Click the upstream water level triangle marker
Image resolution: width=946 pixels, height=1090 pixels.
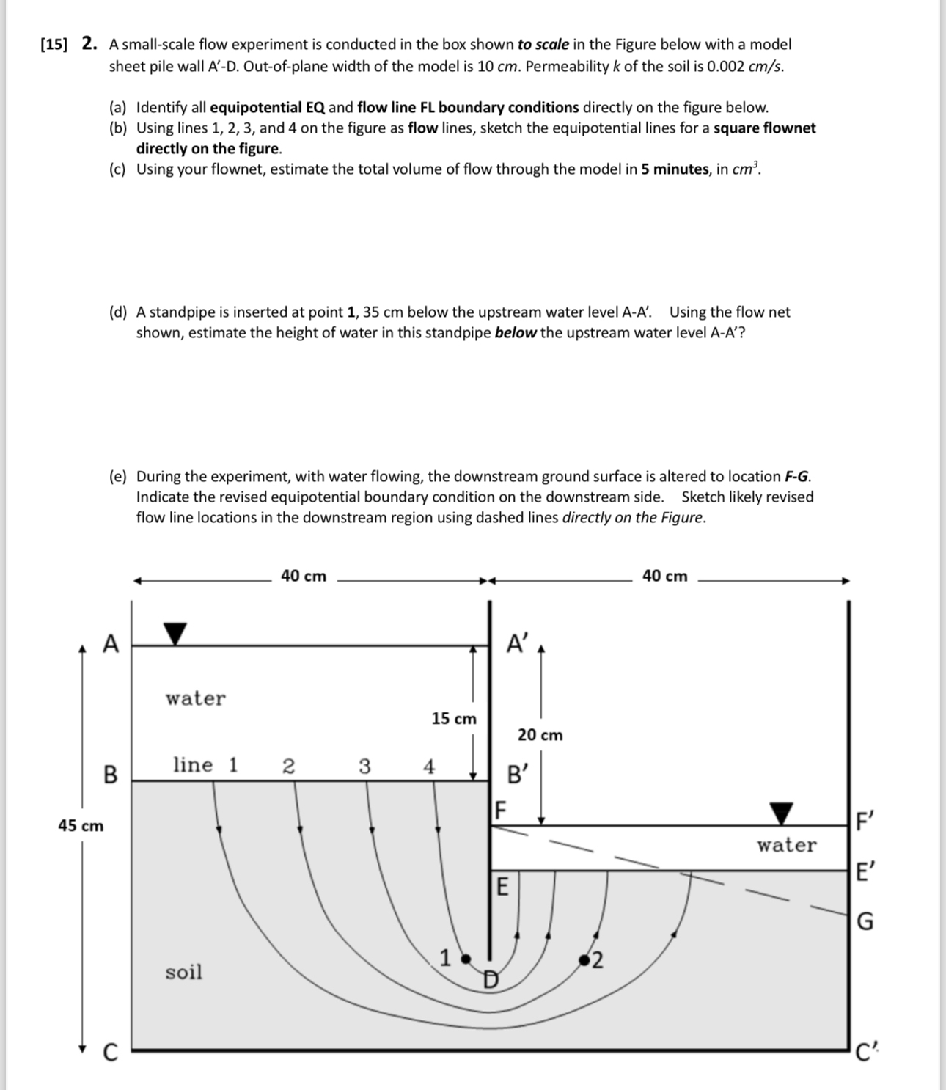[175, 634]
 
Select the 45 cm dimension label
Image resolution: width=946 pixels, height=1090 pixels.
[81, 826]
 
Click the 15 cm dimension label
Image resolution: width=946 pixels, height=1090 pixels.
[454, 719]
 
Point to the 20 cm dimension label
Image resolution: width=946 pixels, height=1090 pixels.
[540, 735]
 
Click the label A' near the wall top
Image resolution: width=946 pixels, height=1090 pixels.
[517, 644]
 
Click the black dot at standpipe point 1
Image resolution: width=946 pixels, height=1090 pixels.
[464, 958]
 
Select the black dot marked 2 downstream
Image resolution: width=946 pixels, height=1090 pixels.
[584, 959]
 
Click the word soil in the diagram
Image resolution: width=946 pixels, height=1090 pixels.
[183, 972]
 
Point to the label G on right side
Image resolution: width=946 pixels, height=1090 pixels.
[865, 921]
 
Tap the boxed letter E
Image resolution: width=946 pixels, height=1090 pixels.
[502, 887]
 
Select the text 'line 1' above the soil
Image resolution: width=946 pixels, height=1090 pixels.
[205, 765]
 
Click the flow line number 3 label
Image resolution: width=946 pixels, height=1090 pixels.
[364, 767]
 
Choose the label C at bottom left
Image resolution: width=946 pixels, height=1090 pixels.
[109, 1053]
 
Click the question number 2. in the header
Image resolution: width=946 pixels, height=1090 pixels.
[89, 44]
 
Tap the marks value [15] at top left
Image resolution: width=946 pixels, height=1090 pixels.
[54, 44]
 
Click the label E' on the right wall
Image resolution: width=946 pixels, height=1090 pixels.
[865, 872]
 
